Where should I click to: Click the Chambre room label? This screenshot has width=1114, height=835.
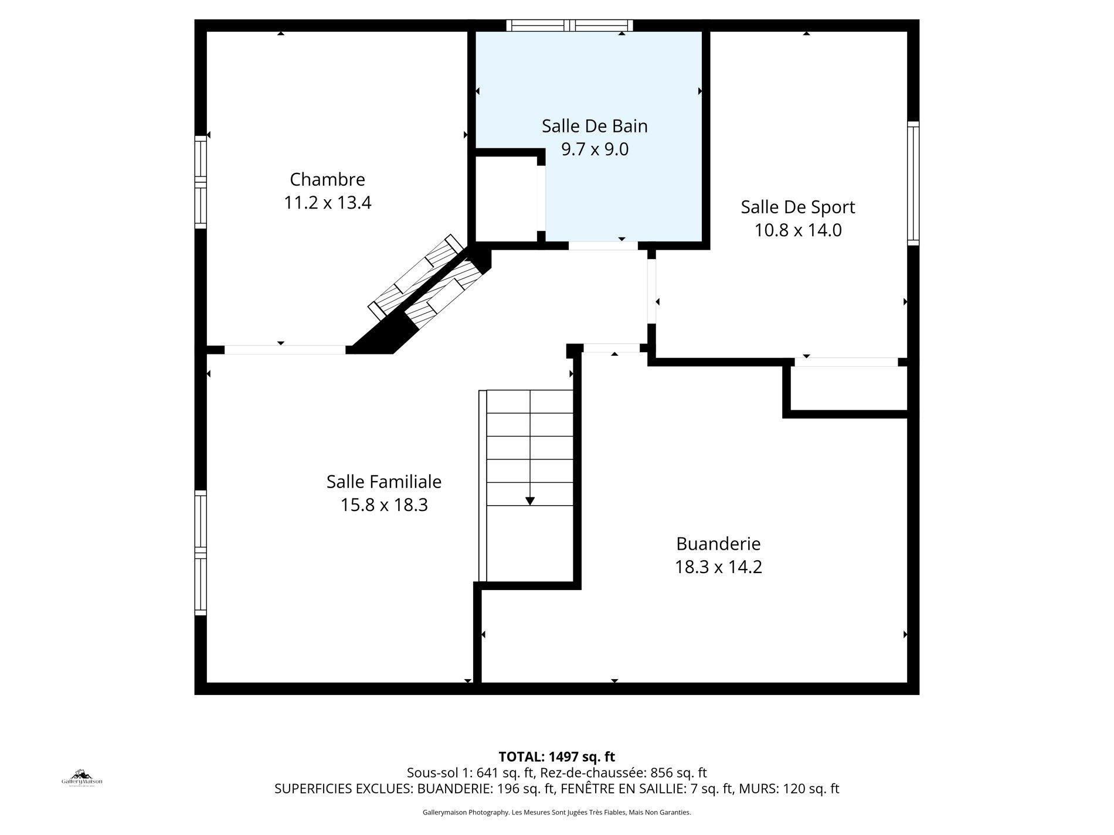point(327,179)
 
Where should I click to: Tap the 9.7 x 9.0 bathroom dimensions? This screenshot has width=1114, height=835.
point(595,149)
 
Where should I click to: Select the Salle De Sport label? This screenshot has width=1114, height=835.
point(797,207)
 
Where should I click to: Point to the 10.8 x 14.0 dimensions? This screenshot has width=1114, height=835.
point(797,230)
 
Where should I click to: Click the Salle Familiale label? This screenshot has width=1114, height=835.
point(383,482)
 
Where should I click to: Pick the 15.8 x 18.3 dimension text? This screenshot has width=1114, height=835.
point(383,505)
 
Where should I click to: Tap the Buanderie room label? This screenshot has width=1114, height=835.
point(718,544)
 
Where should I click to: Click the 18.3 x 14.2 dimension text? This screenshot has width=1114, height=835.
point(718,567)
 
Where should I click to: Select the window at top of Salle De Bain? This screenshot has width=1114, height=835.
point(569,25)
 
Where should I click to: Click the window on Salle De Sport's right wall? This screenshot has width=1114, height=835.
point(913,183)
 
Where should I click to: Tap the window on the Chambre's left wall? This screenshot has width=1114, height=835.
point(201,182)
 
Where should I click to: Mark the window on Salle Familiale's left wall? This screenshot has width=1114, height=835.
point(201,553)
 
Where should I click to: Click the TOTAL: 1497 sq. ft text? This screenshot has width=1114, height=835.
point(556,756)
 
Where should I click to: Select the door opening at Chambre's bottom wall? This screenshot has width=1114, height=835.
point(285,350)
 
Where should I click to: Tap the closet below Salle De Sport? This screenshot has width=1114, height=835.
point(848,389)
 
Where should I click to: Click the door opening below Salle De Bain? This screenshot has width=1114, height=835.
point(603,246)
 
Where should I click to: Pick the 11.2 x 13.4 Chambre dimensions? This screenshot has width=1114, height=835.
point(327,203)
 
